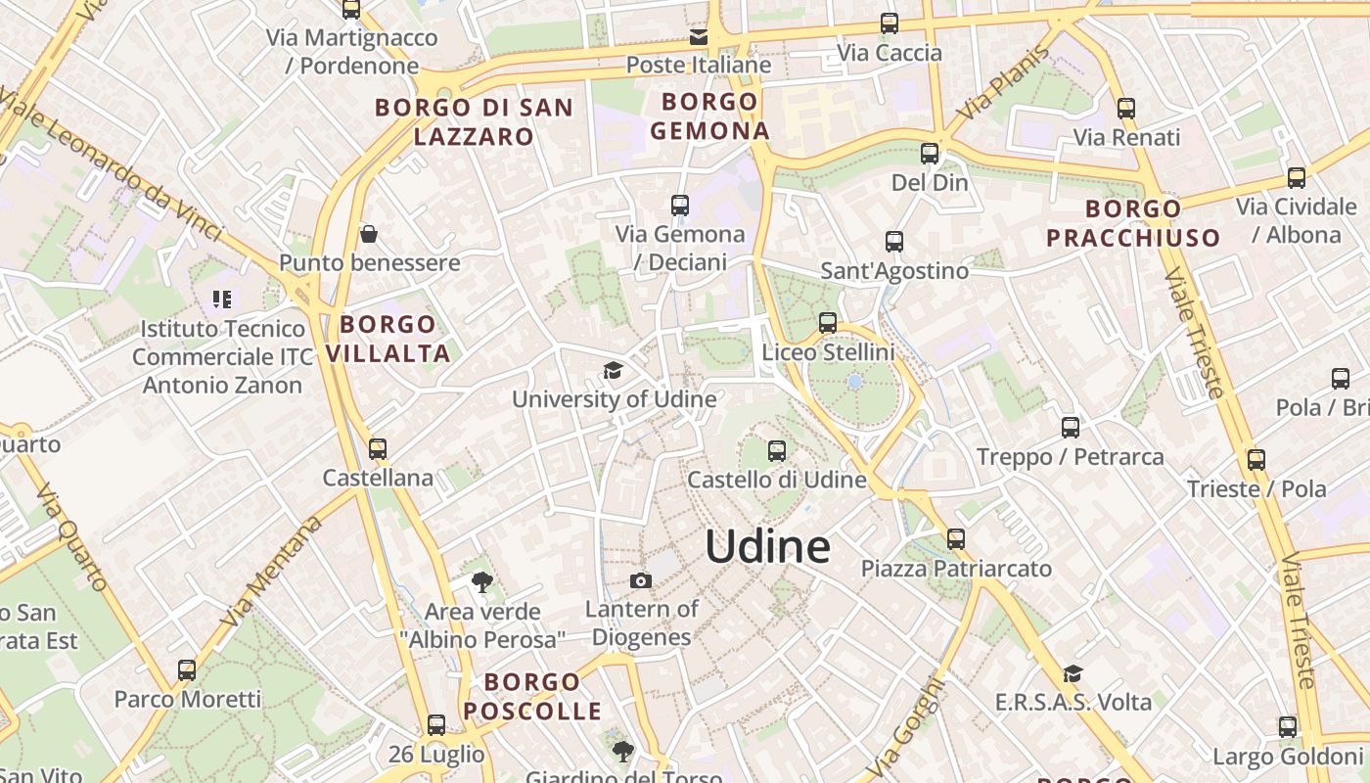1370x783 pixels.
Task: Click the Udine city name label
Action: (x=767, y=546)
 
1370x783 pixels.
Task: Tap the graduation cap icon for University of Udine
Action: (x=614, y=371)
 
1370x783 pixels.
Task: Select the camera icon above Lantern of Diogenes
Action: (x=641, y=581)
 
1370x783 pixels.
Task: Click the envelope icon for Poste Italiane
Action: (x=699, y=37)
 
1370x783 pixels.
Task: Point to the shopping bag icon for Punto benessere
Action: (x=369, y=234)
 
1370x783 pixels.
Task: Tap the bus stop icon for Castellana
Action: (x=378, y=449)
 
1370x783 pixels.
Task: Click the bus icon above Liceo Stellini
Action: (x=828, y=322)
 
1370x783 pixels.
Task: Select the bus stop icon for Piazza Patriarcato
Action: (x=956, y=539)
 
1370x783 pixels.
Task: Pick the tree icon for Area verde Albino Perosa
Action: (x=481, y=583)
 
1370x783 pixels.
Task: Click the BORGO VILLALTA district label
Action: (x=388, y=339)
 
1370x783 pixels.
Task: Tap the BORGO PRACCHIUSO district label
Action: (x=1133, y=223)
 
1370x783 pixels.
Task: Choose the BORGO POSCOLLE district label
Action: (x=532, y=697)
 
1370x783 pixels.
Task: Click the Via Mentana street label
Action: (x=272, y=573)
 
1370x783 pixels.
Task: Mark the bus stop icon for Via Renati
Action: (x=1126, y=109)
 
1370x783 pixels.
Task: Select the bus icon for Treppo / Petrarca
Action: (x=1071, y=428)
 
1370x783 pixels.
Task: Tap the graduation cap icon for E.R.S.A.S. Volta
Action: (x=1073, y=673)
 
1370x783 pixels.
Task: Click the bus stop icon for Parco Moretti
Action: (x=187, y=670)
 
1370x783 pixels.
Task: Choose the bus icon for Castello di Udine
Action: (x=777, y=451)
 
